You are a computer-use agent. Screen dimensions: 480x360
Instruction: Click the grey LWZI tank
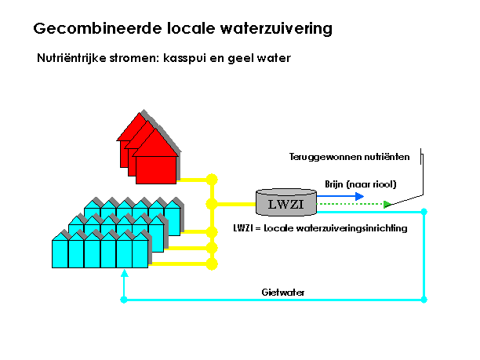[286, 202]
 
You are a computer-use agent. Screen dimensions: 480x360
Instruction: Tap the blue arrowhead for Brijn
[359, 196]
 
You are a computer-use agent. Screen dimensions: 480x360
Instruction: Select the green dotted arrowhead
[387, 204]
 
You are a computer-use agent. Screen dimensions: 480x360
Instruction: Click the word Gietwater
[283, 293]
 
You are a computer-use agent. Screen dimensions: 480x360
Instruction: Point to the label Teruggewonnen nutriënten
[349, 157]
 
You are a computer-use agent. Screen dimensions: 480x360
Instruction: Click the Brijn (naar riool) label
[361, 184]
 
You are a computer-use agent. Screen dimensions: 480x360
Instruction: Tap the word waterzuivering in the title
[276, 28]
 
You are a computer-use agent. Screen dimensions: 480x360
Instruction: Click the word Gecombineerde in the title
[97, 28]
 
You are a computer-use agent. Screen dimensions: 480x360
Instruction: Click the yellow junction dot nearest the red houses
[212, 180]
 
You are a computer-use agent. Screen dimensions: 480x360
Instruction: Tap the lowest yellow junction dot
[212, 264]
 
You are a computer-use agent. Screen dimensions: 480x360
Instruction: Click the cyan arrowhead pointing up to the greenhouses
[124, 273]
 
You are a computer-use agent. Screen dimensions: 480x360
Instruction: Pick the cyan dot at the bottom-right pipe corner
[424, 300]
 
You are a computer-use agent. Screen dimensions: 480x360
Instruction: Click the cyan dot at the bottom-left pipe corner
[124, 300]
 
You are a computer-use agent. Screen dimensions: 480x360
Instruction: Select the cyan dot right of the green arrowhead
[424, 212]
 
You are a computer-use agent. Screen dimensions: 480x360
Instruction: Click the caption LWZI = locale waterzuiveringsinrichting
[320, 228]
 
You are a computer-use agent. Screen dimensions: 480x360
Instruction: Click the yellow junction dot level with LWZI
[212, 204]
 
